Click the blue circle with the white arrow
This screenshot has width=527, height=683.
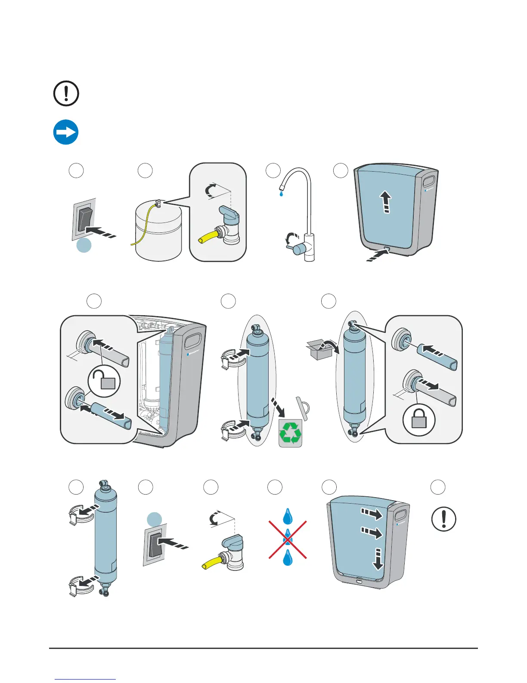pyautogui.click(x=66, y=132)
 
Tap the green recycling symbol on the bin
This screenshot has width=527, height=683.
pyautogui.click(x=290, y=433)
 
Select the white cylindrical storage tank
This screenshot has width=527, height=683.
pyautogui.click(x=158, y=233)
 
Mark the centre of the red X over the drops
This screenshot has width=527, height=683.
pyautogui.click(x=288, y=539)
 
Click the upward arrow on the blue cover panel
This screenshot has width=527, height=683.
pyautogui.click(x=386, y=203)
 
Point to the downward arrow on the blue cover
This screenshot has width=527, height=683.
pyautogui.click(x=378, y=559)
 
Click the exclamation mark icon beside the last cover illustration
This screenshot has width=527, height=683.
pyautogui.click(x=443, y=519)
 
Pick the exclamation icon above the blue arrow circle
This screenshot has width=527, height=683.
pyautogui.click(x=66, y=93)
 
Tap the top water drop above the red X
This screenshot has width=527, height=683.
pyautogui.click(x=288, y=516)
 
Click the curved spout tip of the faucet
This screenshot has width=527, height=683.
pyautogui.click(x=282, y=187)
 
